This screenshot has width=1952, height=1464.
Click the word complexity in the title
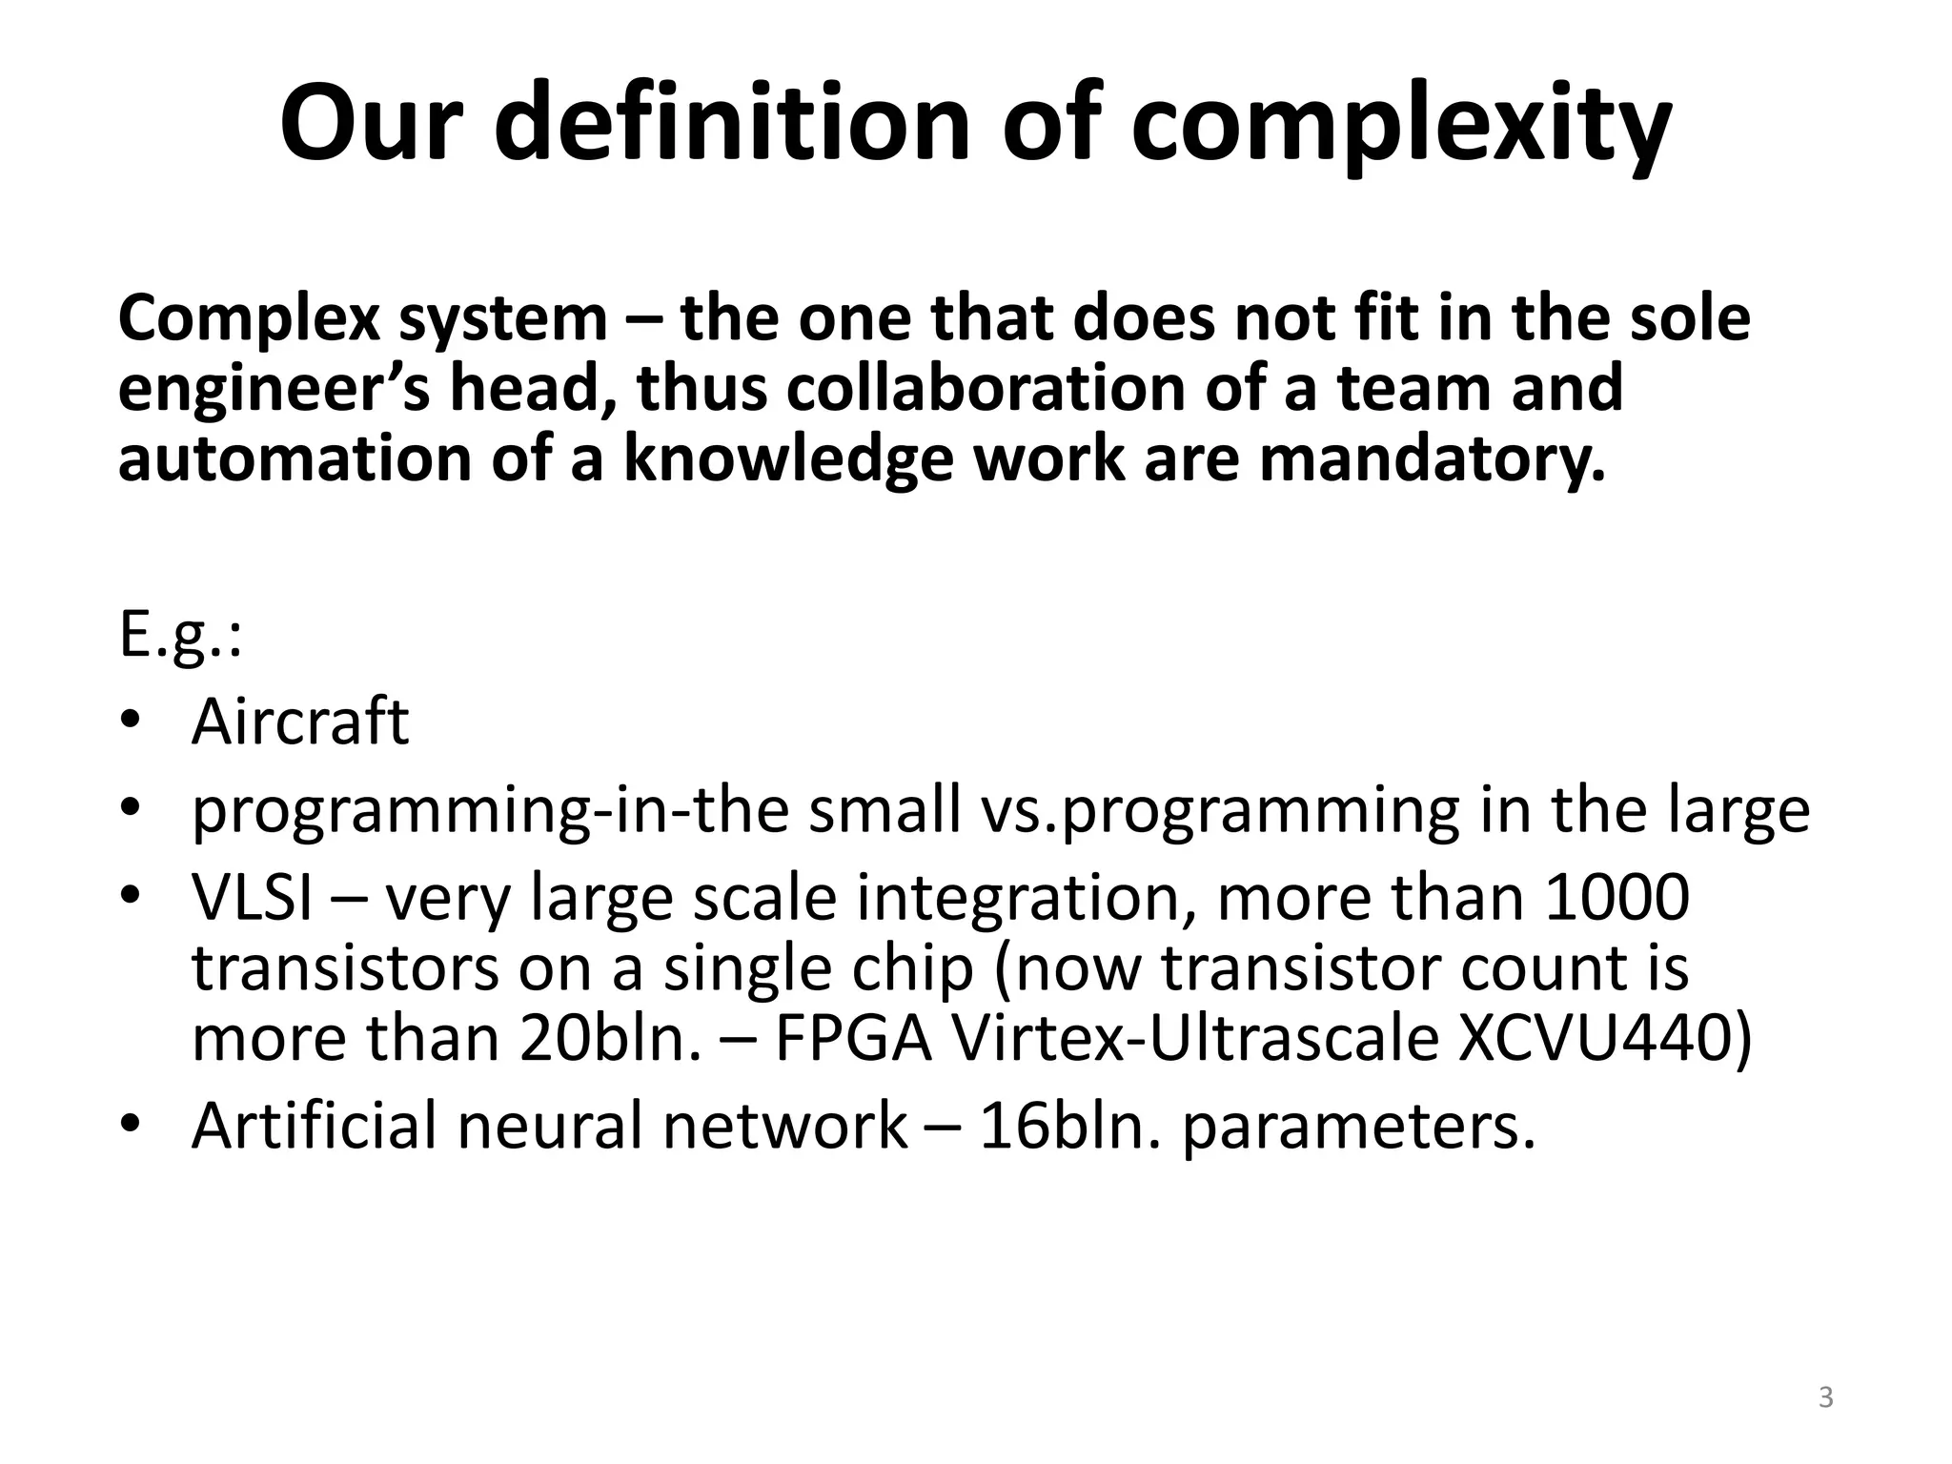click(1401, 127)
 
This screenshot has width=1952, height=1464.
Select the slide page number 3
click(1825, 1398)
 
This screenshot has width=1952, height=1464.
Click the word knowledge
click(789, 460)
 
